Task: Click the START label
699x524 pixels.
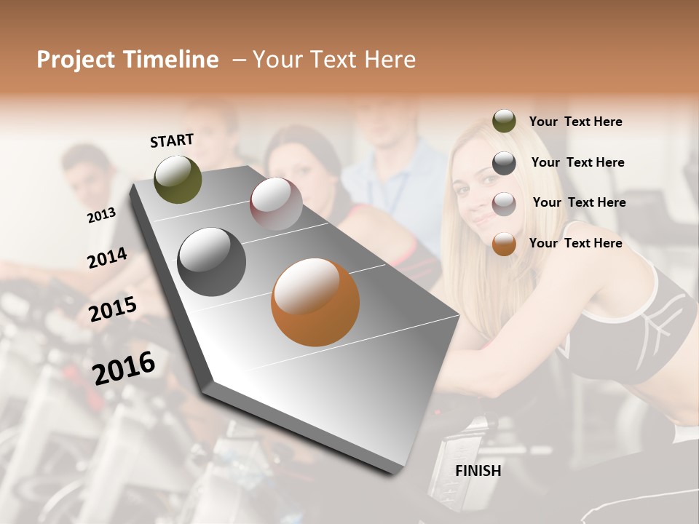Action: pos(172,140)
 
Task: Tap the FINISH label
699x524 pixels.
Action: pos(478,471)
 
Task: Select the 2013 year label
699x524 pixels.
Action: pos(101,215)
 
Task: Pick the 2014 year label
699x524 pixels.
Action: pos(107,258)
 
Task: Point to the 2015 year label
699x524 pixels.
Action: pos(113,309)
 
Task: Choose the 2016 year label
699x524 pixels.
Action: pos(124,368)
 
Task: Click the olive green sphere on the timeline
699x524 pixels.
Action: pos(178,179)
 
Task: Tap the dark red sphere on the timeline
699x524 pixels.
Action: pos(276,203)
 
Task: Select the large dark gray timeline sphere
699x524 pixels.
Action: pos(211,261)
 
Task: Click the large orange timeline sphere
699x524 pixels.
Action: pos(315,302)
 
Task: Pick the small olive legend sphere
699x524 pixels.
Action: pos(504,122)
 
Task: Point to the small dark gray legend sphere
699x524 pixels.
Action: pos(504,163)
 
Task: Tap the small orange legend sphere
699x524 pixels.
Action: pos(504,244)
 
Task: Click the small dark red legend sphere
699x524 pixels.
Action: pos(504,204)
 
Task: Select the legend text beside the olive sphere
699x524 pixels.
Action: pos(575,122)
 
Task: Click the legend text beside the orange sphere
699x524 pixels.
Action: pos(575,243)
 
